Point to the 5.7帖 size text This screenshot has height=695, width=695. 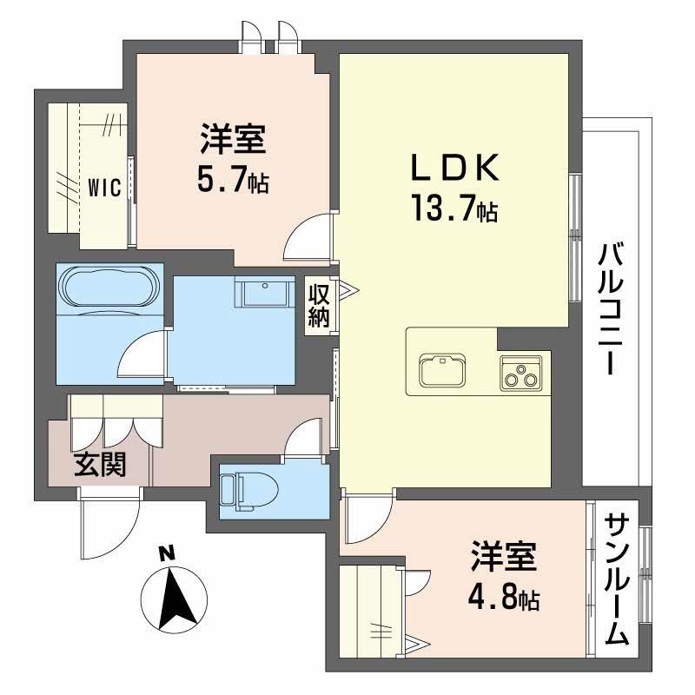pos(232,182)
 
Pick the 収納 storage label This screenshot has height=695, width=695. pos(319,304)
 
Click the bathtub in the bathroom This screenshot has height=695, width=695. pos(109,286)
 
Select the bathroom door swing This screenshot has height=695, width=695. pos(142,359)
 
